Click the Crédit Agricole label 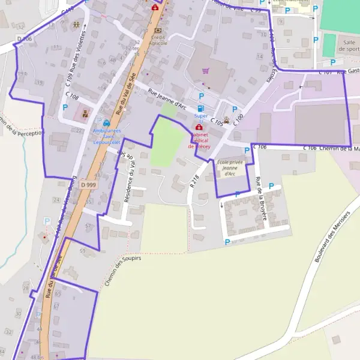click(158, 40)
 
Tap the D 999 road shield click(88, 185)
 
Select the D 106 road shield click(24, 39)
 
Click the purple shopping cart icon click(205, 70)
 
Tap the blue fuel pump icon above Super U click(200, 108)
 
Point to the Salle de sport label click(346, 46)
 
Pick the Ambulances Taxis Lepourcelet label click(107, 136)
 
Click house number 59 click(83, 250)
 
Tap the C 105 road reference click(217, 122)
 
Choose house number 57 click(88, 226)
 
